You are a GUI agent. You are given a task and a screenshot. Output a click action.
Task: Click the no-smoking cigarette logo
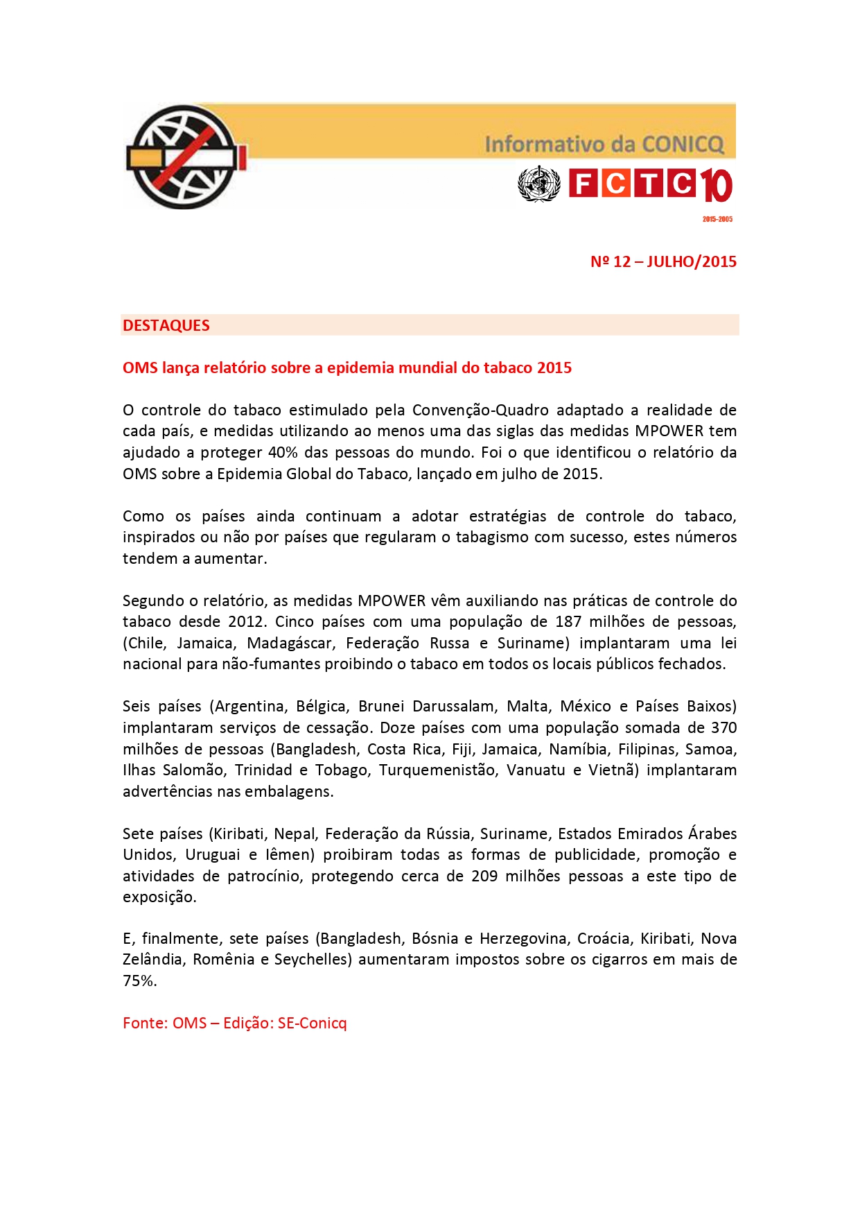(x=186, y=157)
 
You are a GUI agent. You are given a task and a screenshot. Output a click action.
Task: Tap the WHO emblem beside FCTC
(x=538, y=184)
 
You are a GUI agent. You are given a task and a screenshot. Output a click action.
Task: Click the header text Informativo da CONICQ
(x=604, y=144)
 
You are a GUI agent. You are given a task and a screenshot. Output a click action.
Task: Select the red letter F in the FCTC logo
(x=583, y=184)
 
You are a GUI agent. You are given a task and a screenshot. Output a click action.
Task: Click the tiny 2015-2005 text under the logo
(x=717, y=219)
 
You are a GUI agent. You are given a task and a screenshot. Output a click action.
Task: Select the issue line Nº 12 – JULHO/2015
(x=663, y=262)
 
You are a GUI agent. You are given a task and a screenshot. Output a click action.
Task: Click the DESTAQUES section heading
(x=166, y=325)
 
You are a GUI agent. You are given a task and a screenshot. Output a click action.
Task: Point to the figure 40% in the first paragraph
(x=283, y=453)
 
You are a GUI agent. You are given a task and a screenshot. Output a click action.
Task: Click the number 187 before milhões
(x=568, y=622)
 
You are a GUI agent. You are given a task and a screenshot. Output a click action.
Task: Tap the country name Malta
(x=527, y=707)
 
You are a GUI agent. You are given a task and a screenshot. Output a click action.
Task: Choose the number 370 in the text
(x=723, y=728)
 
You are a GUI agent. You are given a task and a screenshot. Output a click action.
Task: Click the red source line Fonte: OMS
(x=234, y=1024)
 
